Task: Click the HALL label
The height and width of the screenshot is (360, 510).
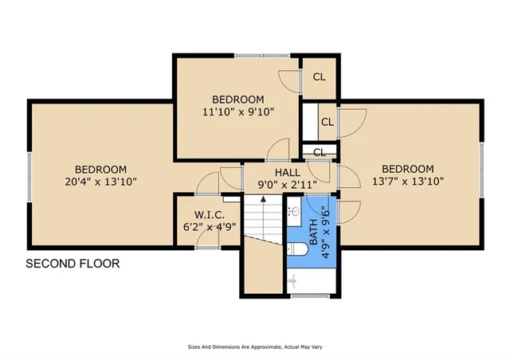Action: [x=288, y=172]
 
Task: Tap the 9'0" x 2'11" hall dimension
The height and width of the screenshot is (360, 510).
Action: [x=288, y=185]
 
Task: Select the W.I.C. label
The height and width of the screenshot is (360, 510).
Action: [x=209, y=214]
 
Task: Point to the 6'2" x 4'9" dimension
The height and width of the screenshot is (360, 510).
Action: [x=209, y=226]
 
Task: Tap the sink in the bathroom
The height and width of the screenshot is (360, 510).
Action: [x=293, y=211]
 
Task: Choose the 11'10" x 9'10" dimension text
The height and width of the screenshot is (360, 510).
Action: [x=237, y=112]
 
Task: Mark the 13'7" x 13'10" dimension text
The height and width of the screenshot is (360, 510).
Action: [x=407, y=182]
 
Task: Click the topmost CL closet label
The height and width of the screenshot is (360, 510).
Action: [x=319, y=77]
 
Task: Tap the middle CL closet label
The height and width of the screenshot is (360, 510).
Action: [x=327, y=122]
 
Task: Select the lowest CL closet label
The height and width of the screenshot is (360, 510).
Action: [x=319, y=152]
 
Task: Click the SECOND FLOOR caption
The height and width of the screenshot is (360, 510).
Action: [x=73, y=264]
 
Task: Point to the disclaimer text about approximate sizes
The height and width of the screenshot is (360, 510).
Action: [x=254, y=348]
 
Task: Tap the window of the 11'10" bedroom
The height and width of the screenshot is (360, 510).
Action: [x=254, y=54]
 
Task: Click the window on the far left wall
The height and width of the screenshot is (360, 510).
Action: [x=29, y=173]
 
